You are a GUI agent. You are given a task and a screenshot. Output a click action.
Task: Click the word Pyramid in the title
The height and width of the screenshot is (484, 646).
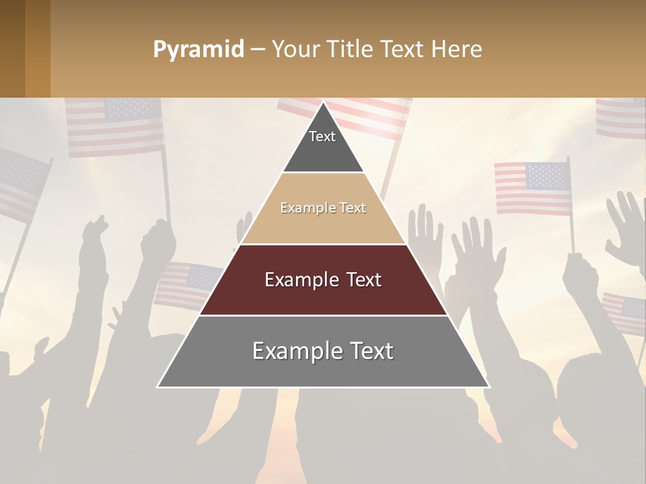click(x=198, y=50)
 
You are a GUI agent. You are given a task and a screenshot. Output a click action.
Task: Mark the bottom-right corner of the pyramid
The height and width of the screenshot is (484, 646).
click(x=488, y=387)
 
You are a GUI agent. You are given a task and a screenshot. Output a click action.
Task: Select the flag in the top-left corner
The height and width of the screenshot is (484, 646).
click(x=114, y=126)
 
